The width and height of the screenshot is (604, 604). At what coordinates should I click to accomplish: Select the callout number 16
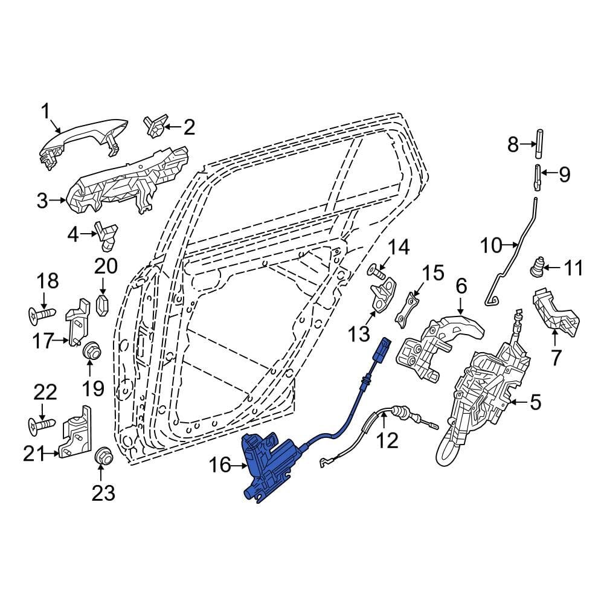coord(220,464)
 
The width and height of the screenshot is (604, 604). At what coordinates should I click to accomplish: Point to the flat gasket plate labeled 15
coord(408,307)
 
